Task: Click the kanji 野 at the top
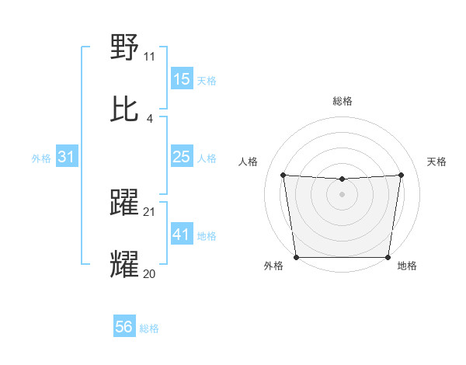pos(125,48)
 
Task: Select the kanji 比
pos(125,109)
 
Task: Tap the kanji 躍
pos(125,203)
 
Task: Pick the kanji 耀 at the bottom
pos(125,265)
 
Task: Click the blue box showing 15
pos(181,79)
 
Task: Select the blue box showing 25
pos(181,157)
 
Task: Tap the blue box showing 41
pos(181,234)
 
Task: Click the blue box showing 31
pos(67,157)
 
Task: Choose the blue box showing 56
pos(124,327)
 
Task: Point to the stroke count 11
pos(149,56)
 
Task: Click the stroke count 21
pos(150,211)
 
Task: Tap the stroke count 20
pos(150,273)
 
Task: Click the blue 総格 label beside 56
pos(149,328)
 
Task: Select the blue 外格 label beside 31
pos(41,158)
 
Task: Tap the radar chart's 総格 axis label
pos(343,101)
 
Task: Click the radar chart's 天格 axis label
pos(436,162)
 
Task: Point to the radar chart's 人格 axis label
pos(249,162)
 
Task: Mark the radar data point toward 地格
pos(388,257)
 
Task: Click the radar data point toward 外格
pos(296,257)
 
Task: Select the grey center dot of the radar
pos(343,193)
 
